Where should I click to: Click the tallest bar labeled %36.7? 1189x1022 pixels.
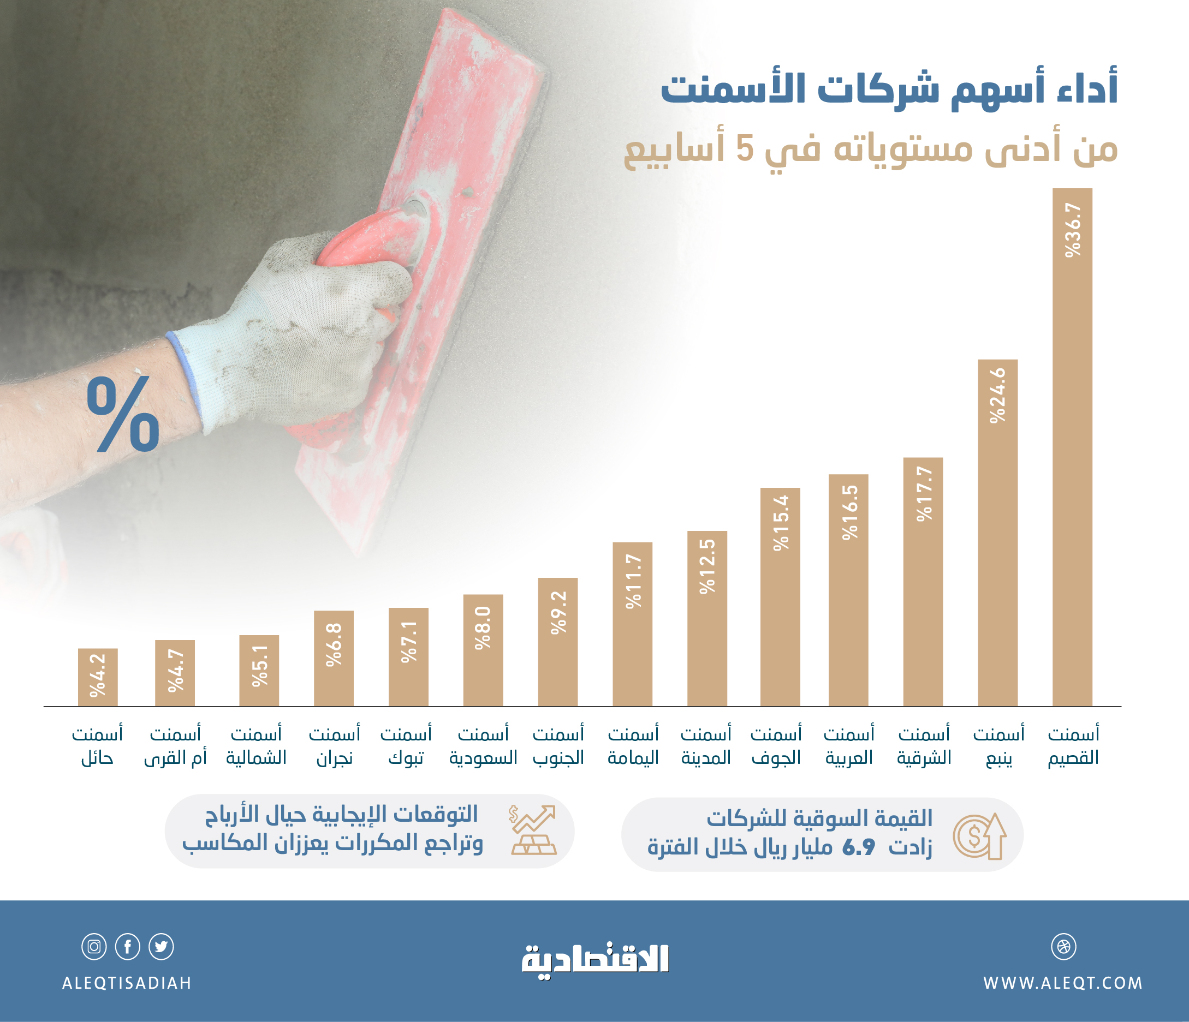point(1072,447)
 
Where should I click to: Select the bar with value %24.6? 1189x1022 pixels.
point(997,533)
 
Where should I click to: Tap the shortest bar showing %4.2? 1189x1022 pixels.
point(98,677)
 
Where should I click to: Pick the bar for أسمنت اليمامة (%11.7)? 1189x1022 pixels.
point(632,624)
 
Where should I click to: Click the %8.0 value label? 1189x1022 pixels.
point(483,628)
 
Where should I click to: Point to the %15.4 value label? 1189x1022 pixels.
point(781,523)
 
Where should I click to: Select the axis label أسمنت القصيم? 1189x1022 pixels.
point(1073,746)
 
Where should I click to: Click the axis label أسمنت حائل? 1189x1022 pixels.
point(97,746)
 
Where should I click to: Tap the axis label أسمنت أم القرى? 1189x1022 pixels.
point(175,746)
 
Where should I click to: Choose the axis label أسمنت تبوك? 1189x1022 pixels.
point(406,746)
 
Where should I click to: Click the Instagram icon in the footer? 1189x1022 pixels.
point(94,946)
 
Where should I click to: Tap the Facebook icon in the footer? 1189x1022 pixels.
point(127,946)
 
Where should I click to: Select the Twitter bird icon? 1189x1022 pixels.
point(161,946)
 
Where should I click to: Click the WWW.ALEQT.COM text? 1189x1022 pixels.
point(1063,983)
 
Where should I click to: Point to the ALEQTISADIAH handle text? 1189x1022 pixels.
point(127,983)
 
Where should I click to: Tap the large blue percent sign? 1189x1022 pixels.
point(123,414)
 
